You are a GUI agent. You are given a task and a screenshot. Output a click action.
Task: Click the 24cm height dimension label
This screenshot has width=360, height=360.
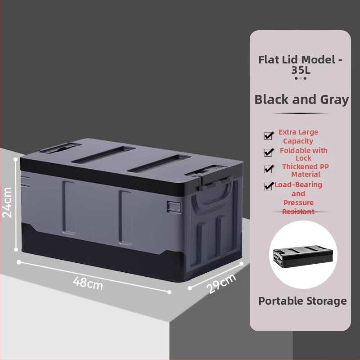pos(7,202)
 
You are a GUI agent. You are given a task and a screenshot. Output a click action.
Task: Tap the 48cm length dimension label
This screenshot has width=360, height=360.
pos(88,283)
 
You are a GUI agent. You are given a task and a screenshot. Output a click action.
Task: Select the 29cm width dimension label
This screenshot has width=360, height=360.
pos(221,283)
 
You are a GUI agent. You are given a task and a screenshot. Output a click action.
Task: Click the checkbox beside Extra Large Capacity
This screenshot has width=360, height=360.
pos(269,135)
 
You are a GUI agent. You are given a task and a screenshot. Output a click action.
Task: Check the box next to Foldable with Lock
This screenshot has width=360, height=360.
pos(269,152)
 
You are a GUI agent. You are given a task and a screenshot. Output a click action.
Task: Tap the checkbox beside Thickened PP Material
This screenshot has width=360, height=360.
pos(269,169)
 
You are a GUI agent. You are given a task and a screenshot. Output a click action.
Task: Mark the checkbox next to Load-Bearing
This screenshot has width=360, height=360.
pos(269,186)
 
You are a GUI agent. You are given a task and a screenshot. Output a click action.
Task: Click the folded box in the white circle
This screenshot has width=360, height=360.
pos(303,256)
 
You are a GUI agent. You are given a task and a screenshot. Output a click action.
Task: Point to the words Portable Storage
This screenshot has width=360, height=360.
pos(302,301)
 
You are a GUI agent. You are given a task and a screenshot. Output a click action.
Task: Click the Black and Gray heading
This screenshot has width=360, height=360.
pos(301,99)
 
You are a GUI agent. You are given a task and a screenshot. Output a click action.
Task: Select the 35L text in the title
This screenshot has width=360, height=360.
pos(301,70)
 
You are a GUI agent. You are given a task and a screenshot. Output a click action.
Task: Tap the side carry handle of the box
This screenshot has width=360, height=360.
pos(211,195)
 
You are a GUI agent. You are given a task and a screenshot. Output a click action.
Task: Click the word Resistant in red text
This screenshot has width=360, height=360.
pos(298,211)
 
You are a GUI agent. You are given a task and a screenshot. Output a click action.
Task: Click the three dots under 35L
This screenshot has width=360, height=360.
pos(301,78)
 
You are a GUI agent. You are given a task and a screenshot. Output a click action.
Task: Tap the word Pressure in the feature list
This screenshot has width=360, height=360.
pos(298,203)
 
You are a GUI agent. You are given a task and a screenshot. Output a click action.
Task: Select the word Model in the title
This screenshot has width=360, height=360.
pos(318,60)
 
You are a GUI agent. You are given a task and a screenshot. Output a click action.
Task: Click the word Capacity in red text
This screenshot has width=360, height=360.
pos(298,141)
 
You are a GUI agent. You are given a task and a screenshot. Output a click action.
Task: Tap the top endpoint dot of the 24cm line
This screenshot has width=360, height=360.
pos(16,159)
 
